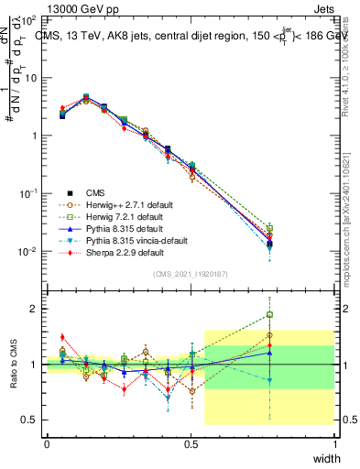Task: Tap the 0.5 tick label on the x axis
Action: [x=191, y=443]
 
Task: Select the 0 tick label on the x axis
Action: [x=47, y=443]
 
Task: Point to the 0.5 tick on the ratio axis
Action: [x=32, y=420]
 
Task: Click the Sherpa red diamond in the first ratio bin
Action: [x=62, y=337]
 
